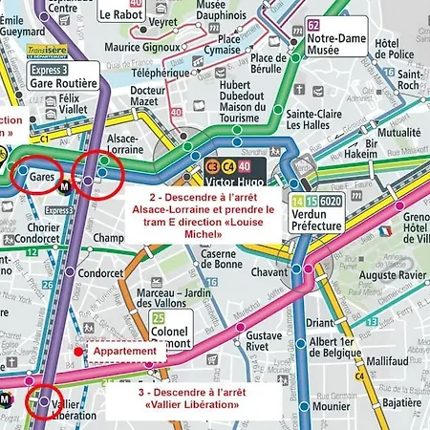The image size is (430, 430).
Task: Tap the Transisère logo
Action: (x=47, y=52)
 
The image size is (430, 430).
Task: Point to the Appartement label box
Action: (x=124, y=352)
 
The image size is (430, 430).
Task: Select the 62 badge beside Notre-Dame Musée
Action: (x=313, y=24)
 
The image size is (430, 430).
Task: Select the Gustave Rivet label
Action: (x=264, y=342)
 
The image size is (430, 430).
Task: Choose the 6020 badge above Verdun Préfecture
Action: (x=331, y=202)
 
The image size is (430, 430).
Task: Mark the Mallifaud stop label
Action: (x=388, y=361)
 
